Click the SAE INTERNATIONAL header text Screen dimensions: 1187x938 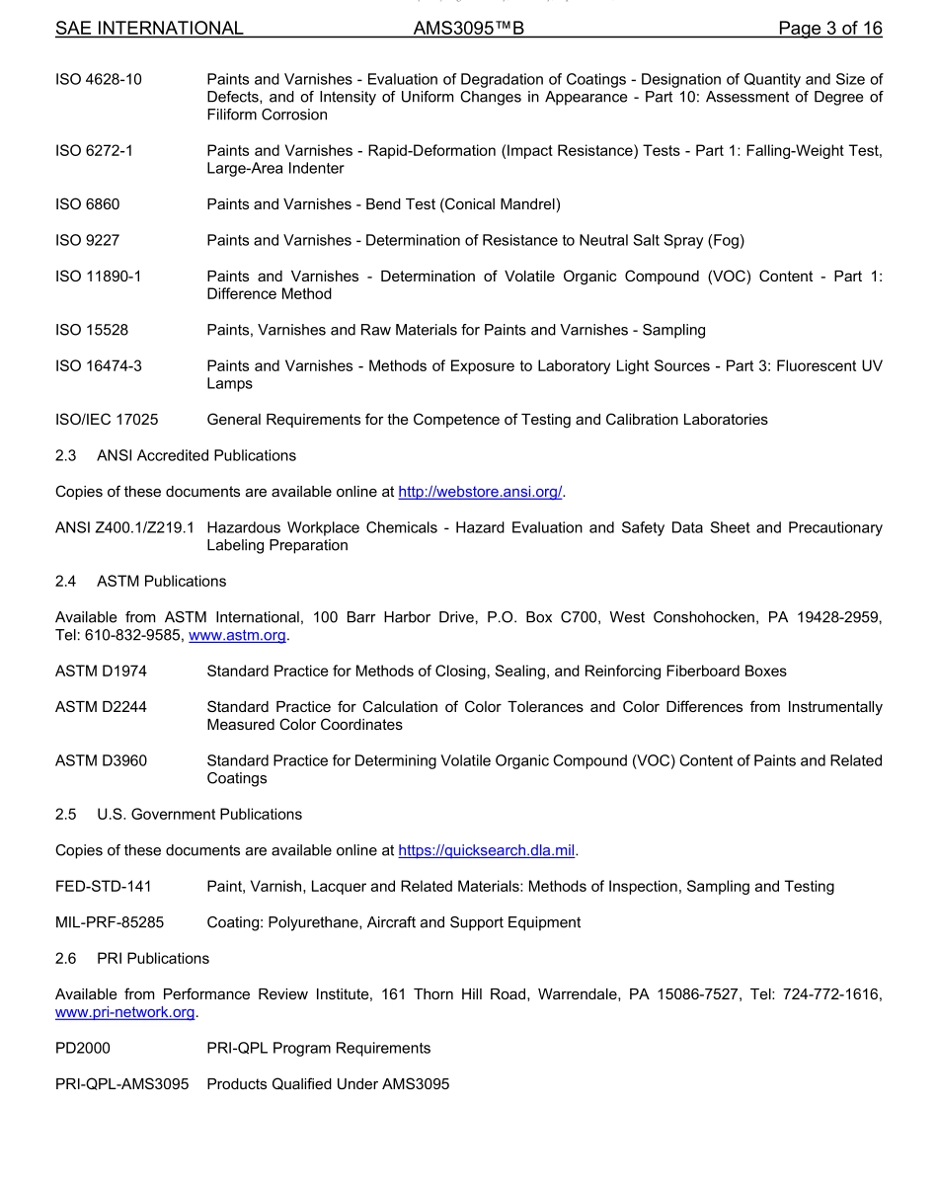149,29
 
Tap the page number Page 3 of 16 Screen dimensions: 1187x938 829,29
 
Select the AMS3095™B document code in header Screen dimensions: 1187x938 468,29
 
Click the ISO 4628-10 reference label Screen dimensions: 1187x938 99,79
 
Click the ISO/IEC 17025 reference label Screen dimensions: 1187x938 107,420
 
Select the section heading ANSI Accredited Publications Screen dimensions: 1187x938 196,455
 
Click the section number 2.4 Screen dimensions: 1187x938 66,582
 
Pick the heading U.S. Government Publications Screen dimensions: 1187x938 199,815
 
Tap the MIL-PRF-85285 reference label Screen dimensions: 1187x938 110,922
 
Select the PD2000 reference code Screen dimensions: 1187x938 83,1049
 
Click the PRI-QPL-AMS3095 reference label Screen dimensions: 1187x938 121,1084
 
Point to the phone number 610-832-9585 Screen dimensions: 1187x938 133,636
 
